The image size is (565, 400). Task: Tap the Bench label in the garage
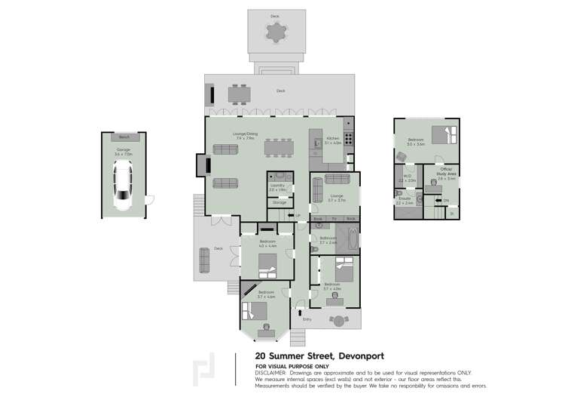123,137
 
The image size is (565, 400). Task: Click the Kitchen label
332,139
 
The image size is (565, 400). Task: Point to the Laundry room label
276,186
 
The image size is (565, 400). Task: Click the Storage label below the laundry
279,202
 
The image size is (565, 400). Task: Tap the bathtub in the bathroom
348,239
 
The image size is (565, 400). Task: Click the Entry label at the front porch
307,319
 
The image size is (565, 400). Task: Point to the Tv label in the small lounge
334,218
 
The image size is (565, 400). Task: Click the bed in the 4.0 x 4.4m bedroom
267,263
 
